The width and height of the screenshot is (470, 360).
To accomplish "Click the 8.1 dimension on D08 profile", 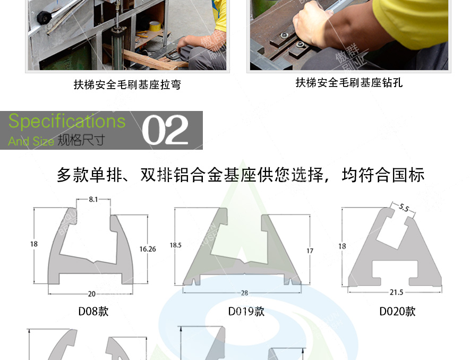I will coord(93,200).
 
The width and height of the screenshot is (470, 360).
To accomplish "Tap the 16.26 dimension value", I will coord(148,248).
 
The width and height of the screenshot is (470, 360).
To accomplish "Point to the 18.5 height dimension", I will coord(176,245).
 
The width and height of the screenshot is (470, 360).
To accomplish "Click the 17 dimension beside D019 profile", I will coord(310,251).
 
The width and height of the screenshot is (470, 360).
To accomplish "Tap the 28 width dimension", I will coord(244,293).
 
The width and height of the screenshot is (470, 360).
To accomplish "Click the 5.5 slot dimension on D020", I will coord(404,209).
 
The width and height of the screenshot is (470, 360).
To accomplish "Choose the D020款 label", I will coord(397,311).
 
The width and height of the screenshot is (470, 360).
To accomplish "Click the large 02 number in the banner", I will coord(165,131).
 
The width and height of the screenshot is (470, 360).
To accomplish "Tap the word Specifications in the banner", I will coord(67,122).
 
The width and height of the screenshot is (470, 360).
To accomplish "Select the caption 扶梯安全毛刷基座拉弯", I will coord(127,84).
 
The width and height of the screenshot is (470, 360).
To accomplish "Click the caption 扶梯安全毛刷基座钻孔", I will coord(349,83).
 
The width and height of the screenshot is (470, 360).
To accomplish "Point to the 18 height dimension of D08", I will coord(34,244).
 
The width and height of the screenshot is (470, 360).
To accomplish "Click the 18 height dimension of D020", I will coord(343,246).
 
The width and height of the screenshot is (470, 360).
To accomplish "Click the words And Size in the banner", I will coord(31,142).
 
